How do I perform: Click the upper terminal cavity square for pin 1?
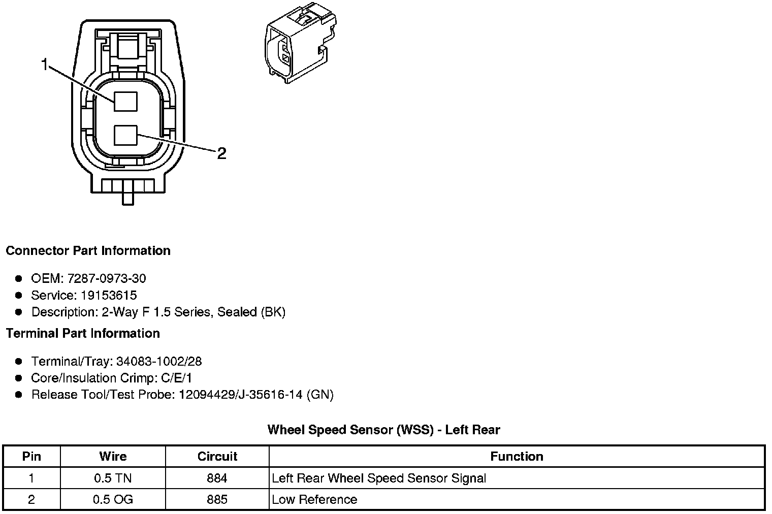pyautogui.click(x=125, y=101)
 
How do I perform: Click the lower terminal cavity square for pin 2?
pyautogui.click(x=125, y=136)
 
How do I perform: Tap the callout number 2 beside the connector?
pyautogui.click(x=221, y=153)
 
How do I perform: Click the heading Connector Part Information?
pyautogui.click(x=88, y=251)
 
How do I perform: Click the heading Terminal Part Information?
pyautogui.click(x=83, y=333)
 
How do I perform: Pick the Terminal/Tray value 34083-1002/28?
pyautogui.click(x=158, y=361)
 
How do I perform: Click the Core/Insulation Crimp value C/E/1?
pyautogui.click(x=175, y=378)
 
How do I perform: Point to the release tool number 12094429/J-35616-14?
pyautogui.click(x=241, y=395)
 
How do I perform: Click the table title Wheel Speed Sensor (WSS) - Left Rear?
pyautogui.click(x=383, y=430)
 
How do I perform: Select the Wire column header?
pyautogui.click(x=113, y=456)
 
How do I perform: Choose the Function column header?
pyautogui.click(x=517, y=456)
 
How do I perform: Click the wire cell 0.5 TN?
pyautogui.click(x=113, y=478)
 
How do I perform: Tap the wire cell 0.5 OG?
pyautogui.click(x=113, y=499)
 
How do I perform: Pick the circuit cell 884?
pyautogui.click(x=217, y=478)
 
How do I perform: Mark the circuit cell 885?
pyautogui.click(x=217, y=499)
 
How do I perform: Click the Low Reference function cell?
pyautogui.click(x=314, y=499)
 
